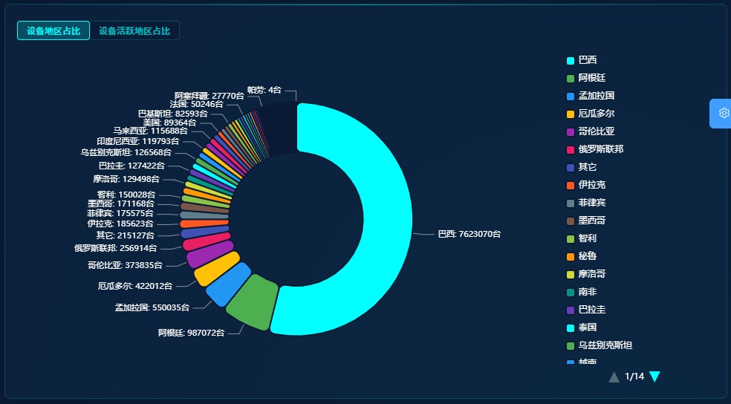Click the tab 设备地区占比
tap(53, 30)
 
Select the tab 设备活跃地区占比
tap(134, 30)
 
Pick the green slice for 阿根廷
tap(250, 302)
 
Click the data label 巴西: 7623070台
tap(469, 234)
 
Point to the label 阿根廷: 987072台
tap(191, 333)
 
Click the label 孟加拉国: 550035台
tap(152, 307)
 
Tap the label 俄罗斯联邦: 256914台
tap(115, 248)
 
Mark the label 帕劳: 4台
tap(264, 90)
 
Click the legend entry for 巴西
tap(587, 60)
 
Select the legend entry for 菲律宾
tap(591, 203)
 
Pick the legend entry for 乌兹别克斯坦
tap(605, 345)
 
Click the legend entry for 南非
tap(587, 292)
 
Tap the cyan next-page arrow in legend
tap(654, 377)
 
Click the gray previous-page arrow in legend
tap(614, 377)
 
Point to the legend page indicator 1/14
tap(634, 377)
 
